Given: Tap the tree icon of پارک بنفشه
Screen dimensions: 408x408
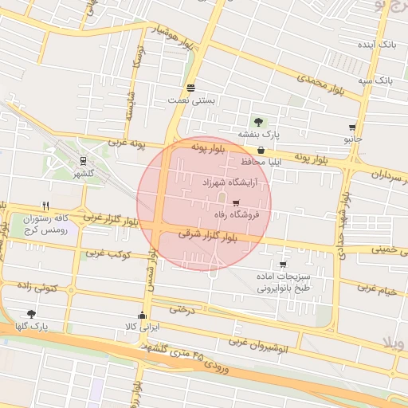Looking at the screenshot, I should [258, 122].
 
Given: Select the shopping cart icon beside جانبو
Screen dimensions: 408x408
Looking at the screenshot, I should [352, 127].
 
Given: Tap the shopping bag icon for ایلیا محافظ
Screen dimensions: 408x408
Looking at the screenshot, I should [261, 150].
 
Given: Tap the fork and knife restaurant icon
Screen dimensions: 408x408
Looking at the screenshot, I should [45, 205].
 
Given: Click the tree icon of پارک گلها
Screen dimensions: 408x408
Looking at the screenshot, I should [31, 314].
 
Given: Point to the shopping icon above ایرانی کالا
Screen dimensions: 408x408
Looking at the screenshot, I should [143, 315].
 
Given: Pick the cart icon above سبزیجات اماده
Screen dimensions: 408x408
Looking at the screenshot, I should [283, 265].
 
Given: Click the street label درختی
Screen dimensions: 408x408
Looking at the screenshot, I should [182, 308].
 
